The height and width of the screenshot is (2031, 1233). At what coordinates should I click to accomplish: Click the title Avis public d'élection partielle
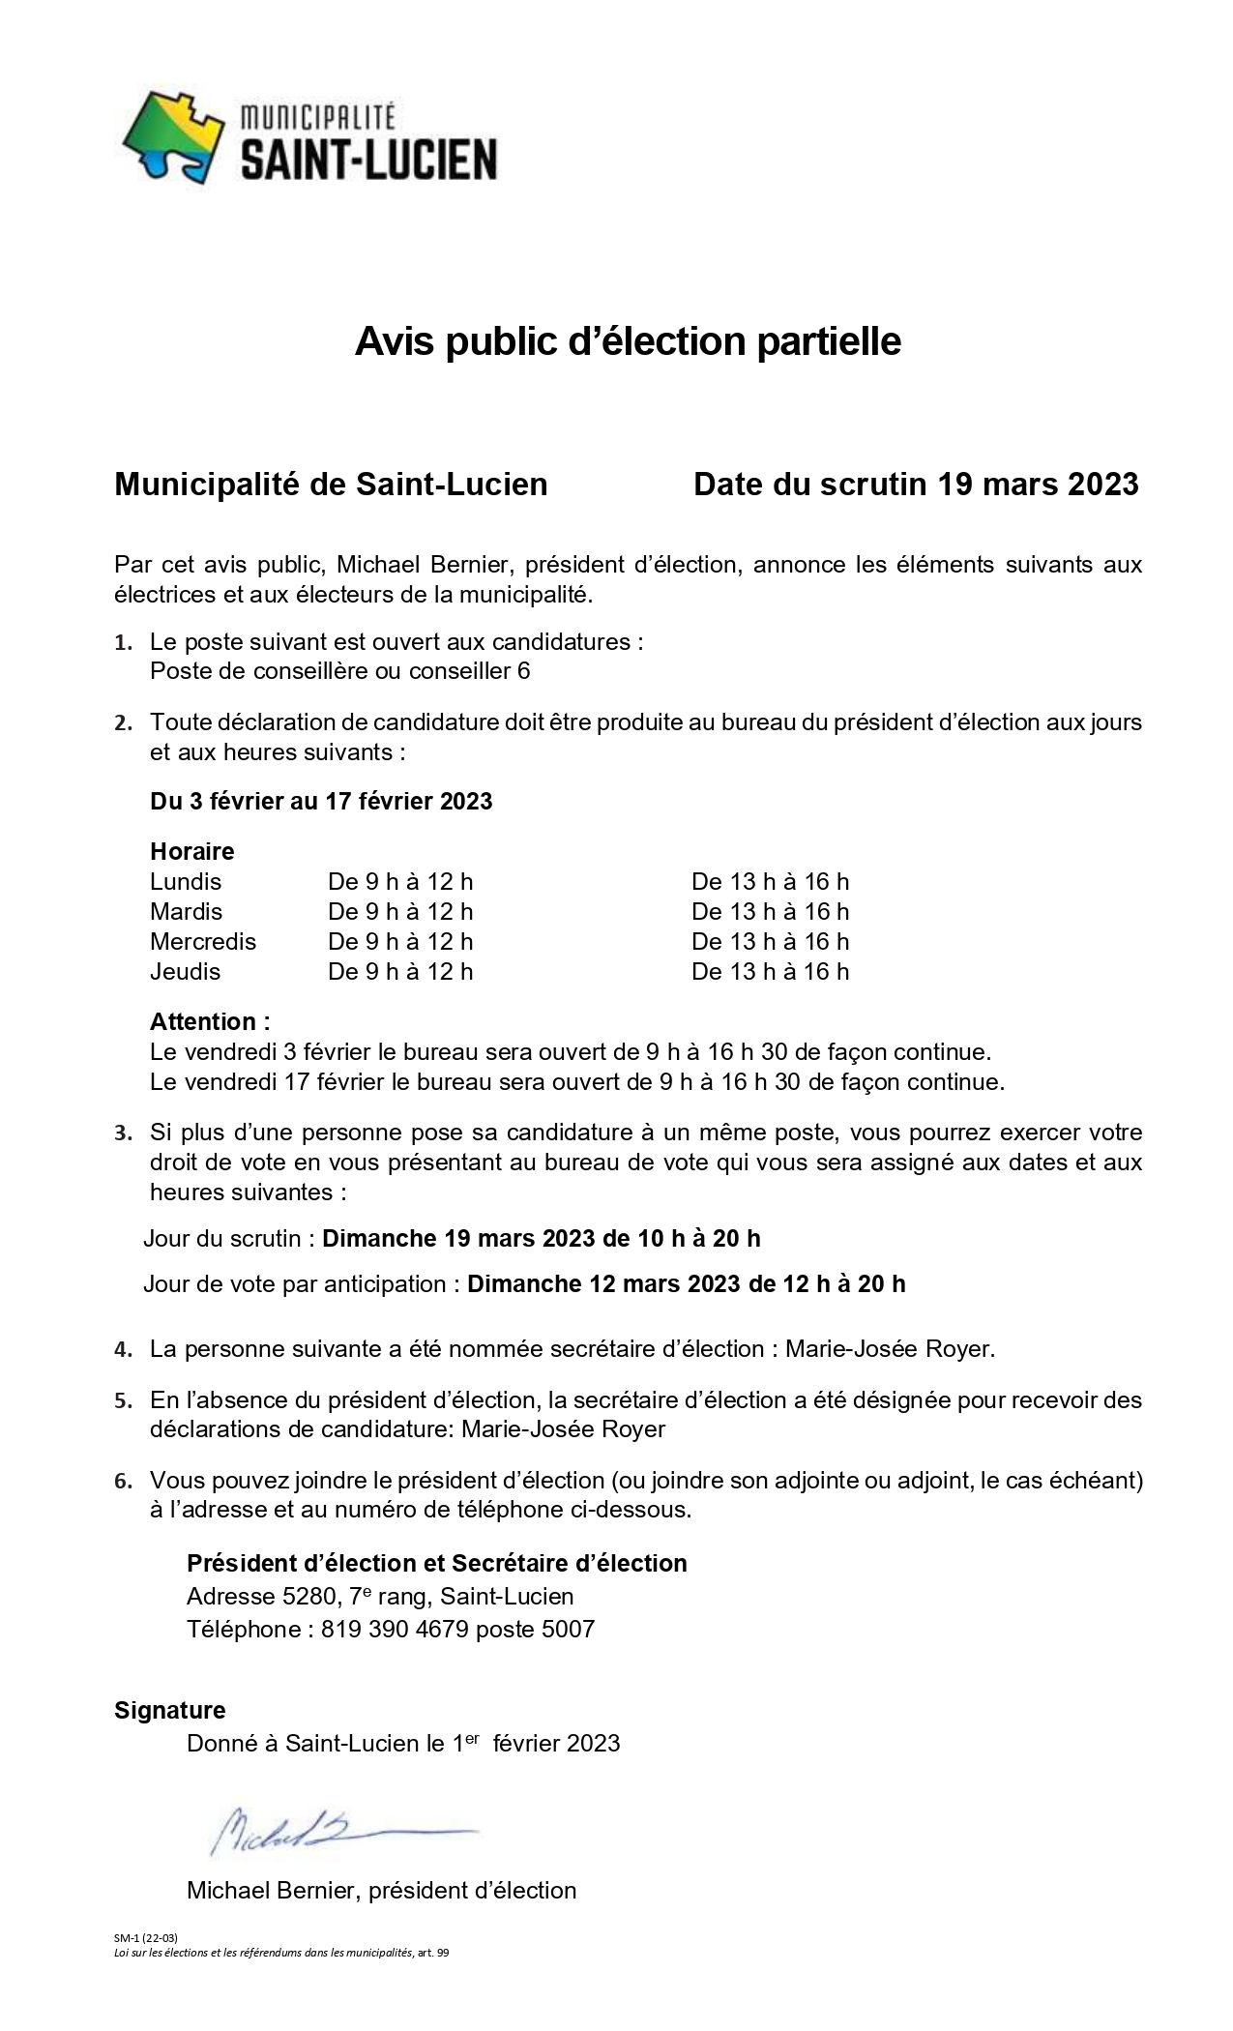(x=628, y=341)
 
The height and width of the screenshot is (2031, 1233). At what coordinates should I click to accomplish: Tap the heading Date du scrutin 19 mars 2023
(x=915, y=484)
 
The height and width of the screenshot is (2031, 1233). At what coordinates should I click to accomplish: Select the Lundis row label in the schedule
(x=186, y=882)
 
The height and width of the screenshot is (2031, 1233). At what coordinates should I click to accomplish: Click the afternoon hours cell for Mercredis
(x=770, y=942)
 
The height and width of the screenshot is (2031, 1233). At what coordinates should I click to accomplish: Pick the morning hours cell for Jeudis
(x=400, y=972)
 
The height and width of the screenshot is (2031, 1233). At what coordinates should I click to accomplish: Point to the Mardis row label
(x=186, y=912)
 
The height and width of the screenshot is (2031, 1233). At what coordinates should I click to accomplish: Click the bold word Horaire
(x=191, y=852)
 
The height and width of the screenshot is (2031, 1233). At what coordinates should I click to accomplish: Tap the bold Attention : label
(x=210, y=1022)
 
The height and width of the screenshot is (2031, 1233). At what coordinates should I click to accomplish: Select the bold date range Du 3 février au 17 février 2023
(x=321, y=802)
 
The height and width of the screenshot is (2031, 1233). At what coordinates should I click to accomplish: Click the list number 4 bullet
(x=123, y=1350)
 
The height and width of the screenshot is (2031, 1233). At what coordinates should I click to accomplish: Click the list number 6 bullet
(x=123, y=1482)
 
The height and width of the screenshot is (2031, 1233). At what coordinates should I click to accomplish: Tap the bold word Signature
(x=169, y=1711)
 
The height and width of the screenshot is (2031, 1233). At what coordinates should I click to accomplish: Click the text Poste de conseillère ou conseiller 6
(x=339, y=671)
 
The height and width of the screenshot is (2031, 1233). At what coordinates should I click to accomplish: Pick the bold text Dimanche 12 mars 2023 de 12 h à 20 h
(x=686, y=1284)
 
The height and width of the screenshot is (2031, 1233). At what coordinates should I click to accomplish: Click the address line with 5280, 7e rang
(x=380, y=1597)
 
